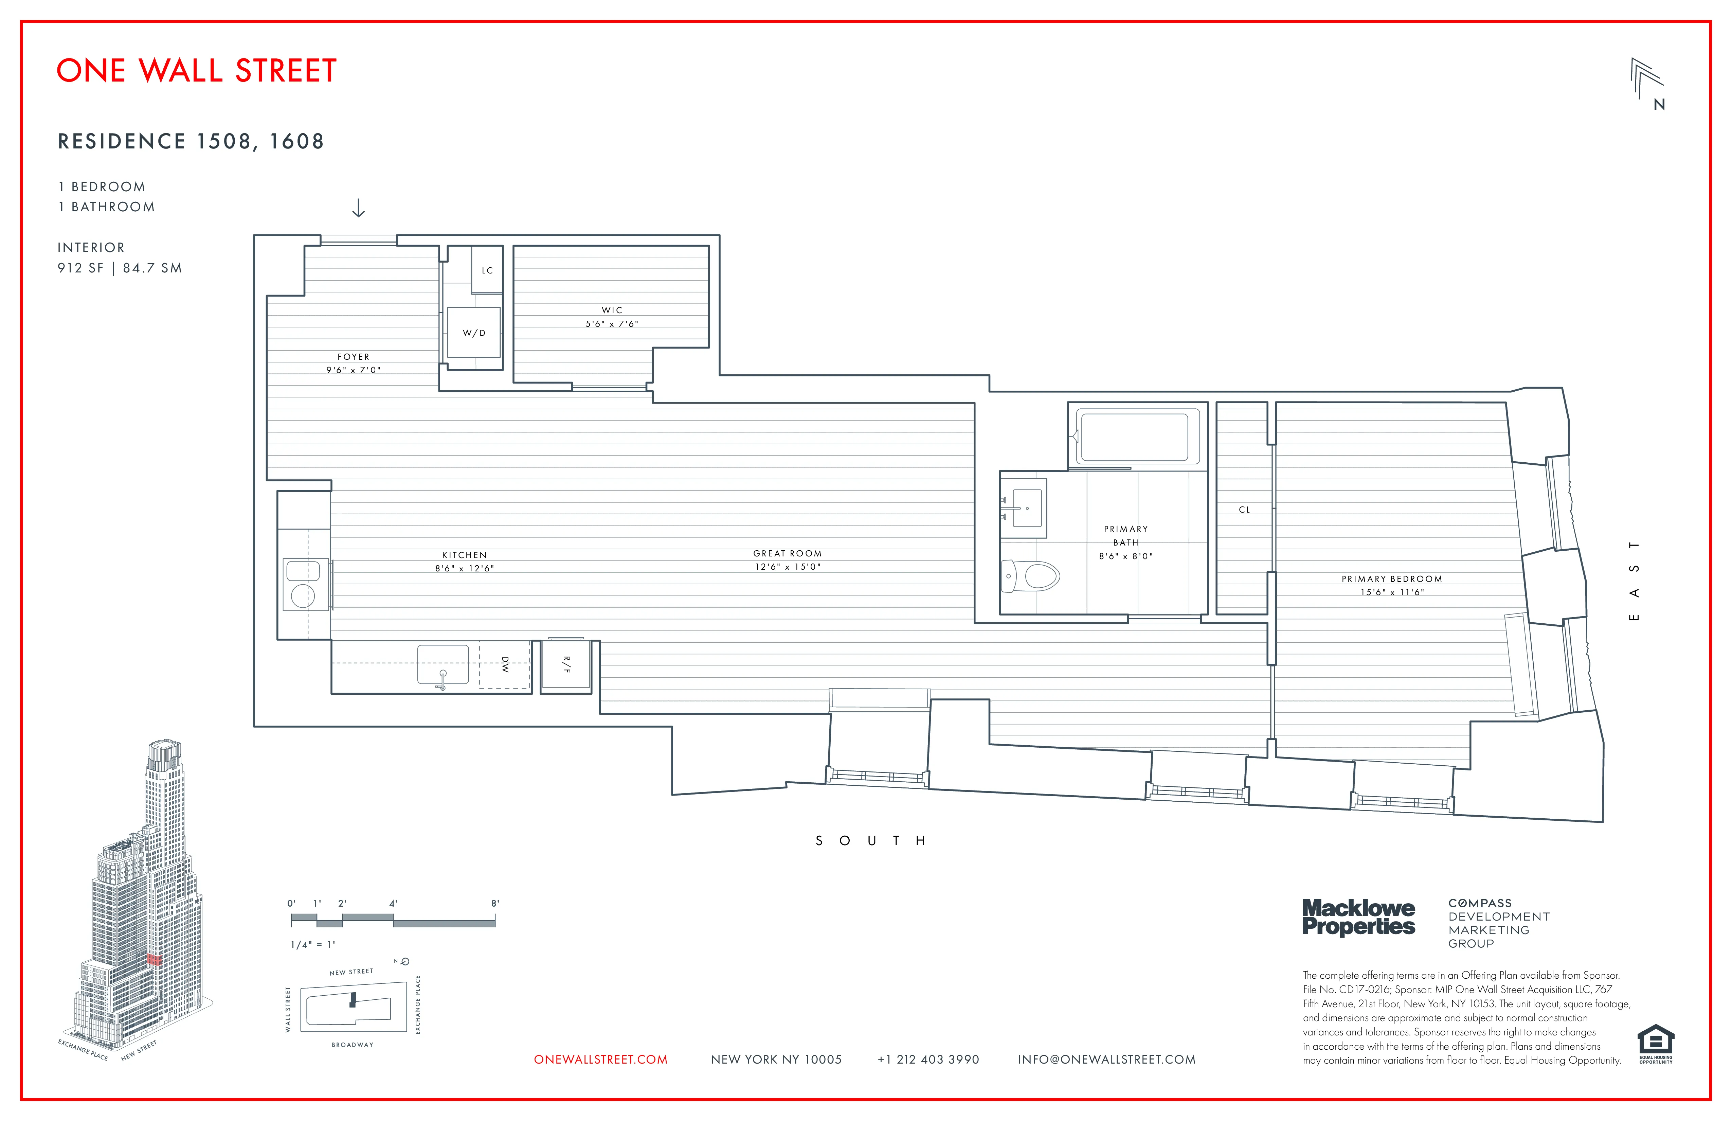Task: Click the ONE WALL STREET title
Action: [197, 71]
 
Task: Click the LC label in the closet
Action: [487, 270]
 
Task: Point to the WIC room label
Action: [611, 310]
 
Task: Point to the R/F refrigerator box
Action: [566, 665]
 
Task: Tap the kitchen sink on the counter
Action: [443, 664]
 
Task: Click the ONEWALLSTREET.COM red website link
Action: [600, 1060]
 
